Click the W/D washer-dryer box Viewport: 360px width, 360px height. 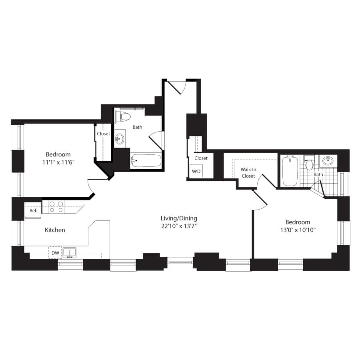pyautogui.click(x=196, y=171)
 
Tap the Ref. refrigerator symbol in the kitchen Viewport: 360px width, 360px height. pyautogui.click(x=33, y=210)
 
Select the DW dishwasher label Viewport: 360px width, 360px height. pyautogui.click(x=55, y=253)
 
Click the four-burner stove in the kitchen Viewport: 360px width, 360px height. pyautogui.click(x=56, y=207)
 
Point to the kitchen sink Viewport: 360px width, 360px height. pyautogui.click(x=69, y=252)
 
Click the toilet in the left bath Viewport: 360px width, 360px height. pyautogui.click(x=123, y=117)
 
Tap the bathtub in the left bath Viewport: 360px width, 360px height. pyautogui.click(x=146, y=161)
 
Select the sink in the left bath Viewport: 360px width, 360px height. pyautogui.click(x=119, y=139)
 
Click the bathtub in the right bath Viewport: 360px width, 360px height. pyautogui.click(x=290, y=171)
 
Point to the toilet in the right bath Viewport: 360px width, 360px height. pyautogui.click(x=309, y=162)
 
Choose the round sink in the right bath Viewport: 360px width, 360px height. pyautogui.click(x=328, y=160)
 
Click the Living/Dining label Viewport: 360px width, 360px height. pyautogui.click(x=179, y=218)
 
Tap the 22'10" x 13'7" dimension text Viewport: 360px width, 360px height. pyautogui.click(x=179, y=226)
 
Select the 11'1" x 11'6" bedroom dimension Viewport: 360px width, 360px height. pyautogui.click(x=58, y=162)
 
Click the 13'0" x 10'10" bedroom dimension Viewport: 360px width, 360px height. pyautogui.click(x=298, y=230)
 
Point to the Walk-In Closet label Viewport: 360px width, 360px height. pyautogui.click(x=248, y=173)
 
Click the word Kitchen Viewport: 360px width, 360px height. pyautogui.click(x=55, y=230)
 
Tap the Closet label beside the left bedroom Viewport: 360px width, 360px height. pyautogui.click(x=103, y=134)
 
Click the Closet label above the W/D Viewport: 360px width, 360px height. pyautogui.click(x=201, y=158)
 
